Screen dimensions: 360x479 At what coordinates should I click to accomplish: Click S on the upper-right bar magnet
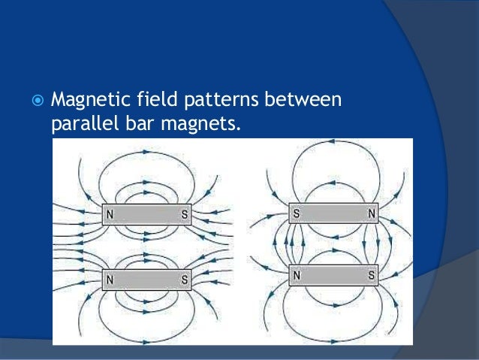click(297, 213)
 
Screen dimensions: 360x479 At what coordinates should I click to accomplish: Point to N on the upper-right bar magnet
click(371, 213)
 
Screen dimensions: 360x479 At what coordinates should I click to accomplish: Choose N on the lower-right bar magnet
click(297, 275)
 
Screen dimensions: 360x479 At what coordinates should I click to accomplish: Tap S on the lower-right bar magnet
click(371, 275)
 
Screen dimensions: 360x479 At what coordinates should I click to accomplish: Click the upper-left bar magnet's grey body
click(147, 216)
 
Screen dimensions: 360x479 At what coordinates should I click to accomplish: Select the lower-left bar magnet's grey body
click(147, 280)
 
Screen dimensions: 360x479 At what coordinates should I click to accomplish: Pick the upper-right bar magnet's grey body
click(333, 213)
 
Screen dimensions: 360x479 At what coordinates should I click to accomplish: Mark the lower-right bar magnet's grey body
click(333, 275)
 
